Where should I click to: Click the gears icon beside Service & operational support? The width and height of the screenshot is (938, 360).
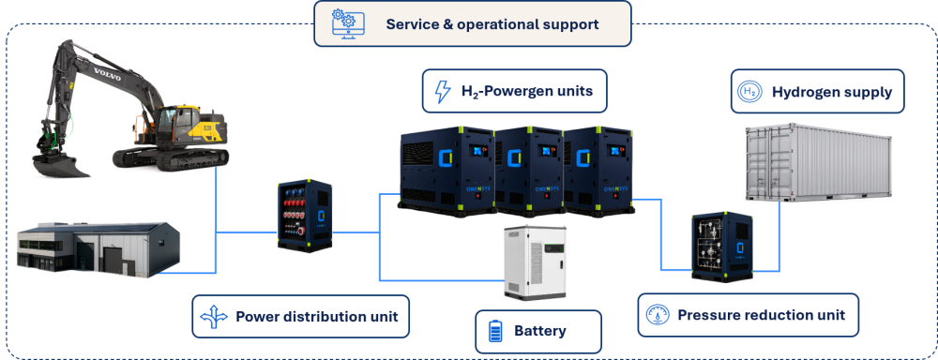(344, 24)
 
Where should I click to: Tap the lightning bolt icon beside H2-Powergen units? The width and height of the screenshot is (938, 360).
(442, 92)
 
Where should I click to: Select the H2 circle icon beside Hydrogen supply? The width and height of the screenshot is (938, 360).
(749, 92)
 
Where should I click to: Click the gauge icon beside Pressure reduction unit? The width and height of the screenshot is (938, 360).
(658, 315)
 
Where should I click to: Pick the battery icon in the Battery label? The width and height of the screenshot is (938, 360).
(495, 331)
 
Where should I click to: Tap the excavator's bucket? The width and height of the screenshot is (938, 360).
(58, 164)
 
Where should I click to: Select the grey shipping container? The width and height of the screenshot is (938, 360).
(818, 163)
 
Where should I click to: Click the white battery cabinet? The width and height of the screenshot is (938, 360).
(535, 262)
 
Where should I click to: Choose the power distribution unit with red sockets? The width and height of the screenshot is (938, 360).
(305, 215)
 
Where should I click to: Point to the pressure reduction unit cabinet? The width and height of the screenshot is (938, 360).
(722, 246)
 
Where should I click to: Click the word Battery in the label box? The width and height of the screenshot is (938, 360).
(540, 331)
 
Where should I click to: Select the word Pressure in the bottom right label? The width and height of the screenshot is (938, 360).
(703, 315)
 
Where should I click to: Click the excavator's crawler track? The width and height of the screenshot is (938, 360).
(172, 157)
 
